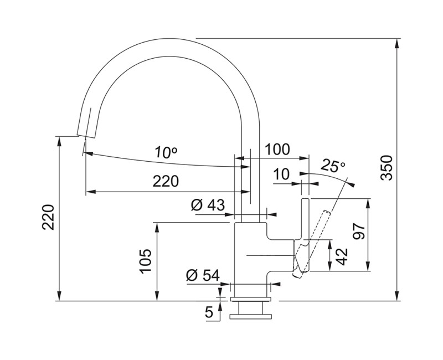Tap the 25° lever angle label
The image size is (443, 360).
coord(333,166)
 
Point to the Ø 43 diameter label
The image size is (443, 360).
coord(208,205)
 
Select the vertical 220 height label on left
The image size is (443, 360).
coord(48,217)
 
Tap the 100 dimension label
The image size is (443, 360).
coord(277,149)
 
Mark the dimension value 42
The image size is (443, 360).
coord(343,255)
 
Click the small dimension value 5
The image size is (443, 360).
coord(209,312)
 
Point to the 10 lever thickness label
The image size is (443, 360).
coord(281,174)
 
